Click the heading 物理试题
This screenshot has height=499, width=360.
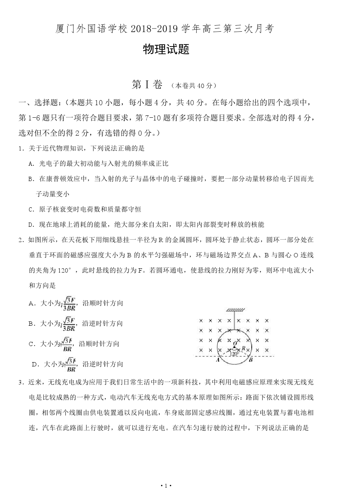pos(166,50)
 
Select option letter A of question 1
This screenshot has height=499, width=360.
pos(31,163)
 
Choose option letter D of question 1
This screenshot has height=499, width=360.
pos(31,224)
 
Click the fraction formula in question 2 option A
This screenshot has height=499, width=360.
pos(70,303)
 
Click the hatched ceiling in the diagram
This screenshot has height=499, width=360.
pos(235,310)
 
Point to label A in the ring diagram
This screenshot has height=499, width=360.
pos(218,360)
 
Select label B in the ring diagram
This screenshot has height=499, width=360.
pos(251,360)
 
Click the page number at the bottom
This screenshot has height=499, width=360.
pos(167,486)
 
